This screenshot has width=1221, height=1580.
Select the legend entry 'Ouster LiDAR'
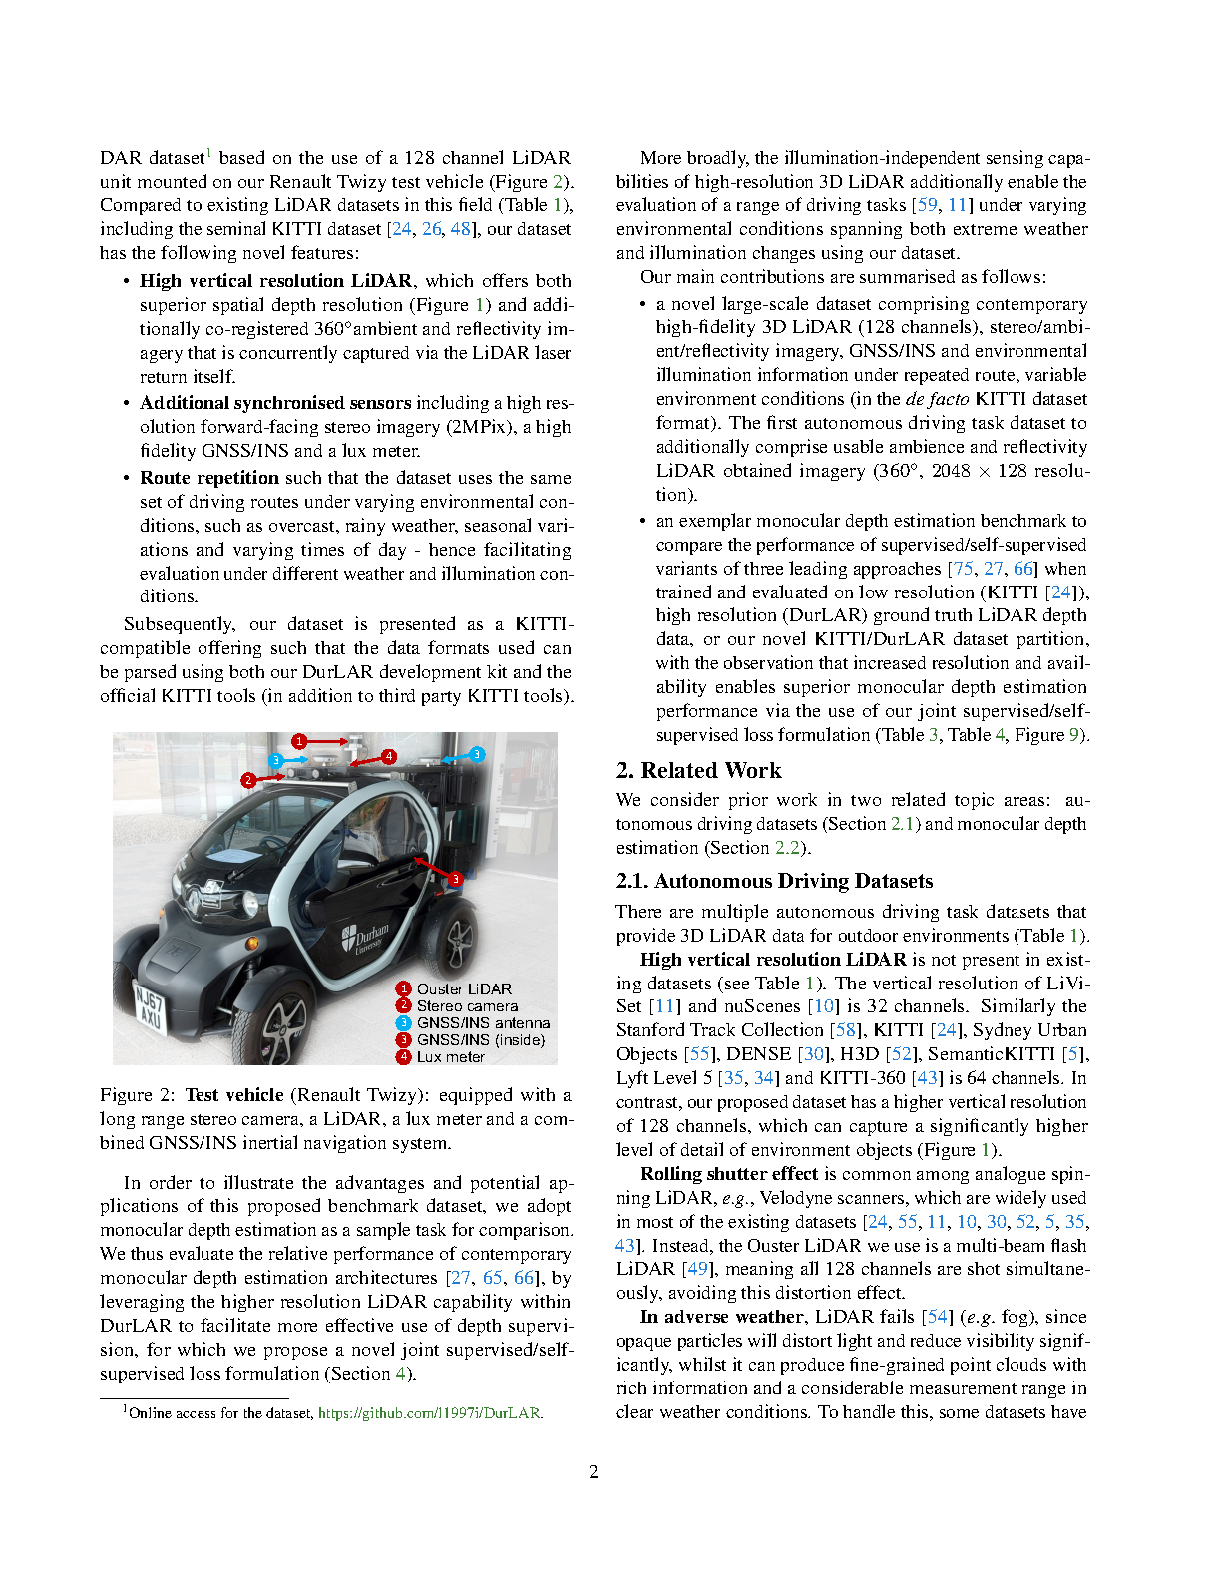point(463,988)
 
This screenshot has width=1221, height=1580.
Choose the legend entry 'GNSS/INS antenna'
point(482,1023)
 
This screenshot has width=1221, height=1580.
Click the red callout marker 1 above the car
point(299,741)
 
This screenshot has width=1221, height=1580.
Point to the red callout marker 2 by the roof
point(248,780)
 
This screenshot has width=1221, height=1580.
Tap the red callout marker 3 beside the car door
point(455,879)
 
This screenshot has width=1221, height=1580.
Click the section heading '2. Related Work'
point(698,770)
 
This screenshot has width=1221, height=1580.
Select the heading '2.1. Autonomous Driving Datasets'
point(774,881)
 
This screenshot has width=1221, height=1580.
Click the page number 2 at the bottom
point(594,1472)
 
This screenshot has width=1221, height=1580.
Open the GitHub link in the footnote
point(429,1413)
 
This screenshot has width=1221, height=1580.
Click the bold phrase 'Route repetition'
point(209,478)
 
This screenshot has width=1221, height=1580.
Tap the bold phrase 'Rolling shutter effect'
point(729,1174)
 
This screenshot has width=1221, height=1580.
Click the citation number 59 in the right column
point(927,205)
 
